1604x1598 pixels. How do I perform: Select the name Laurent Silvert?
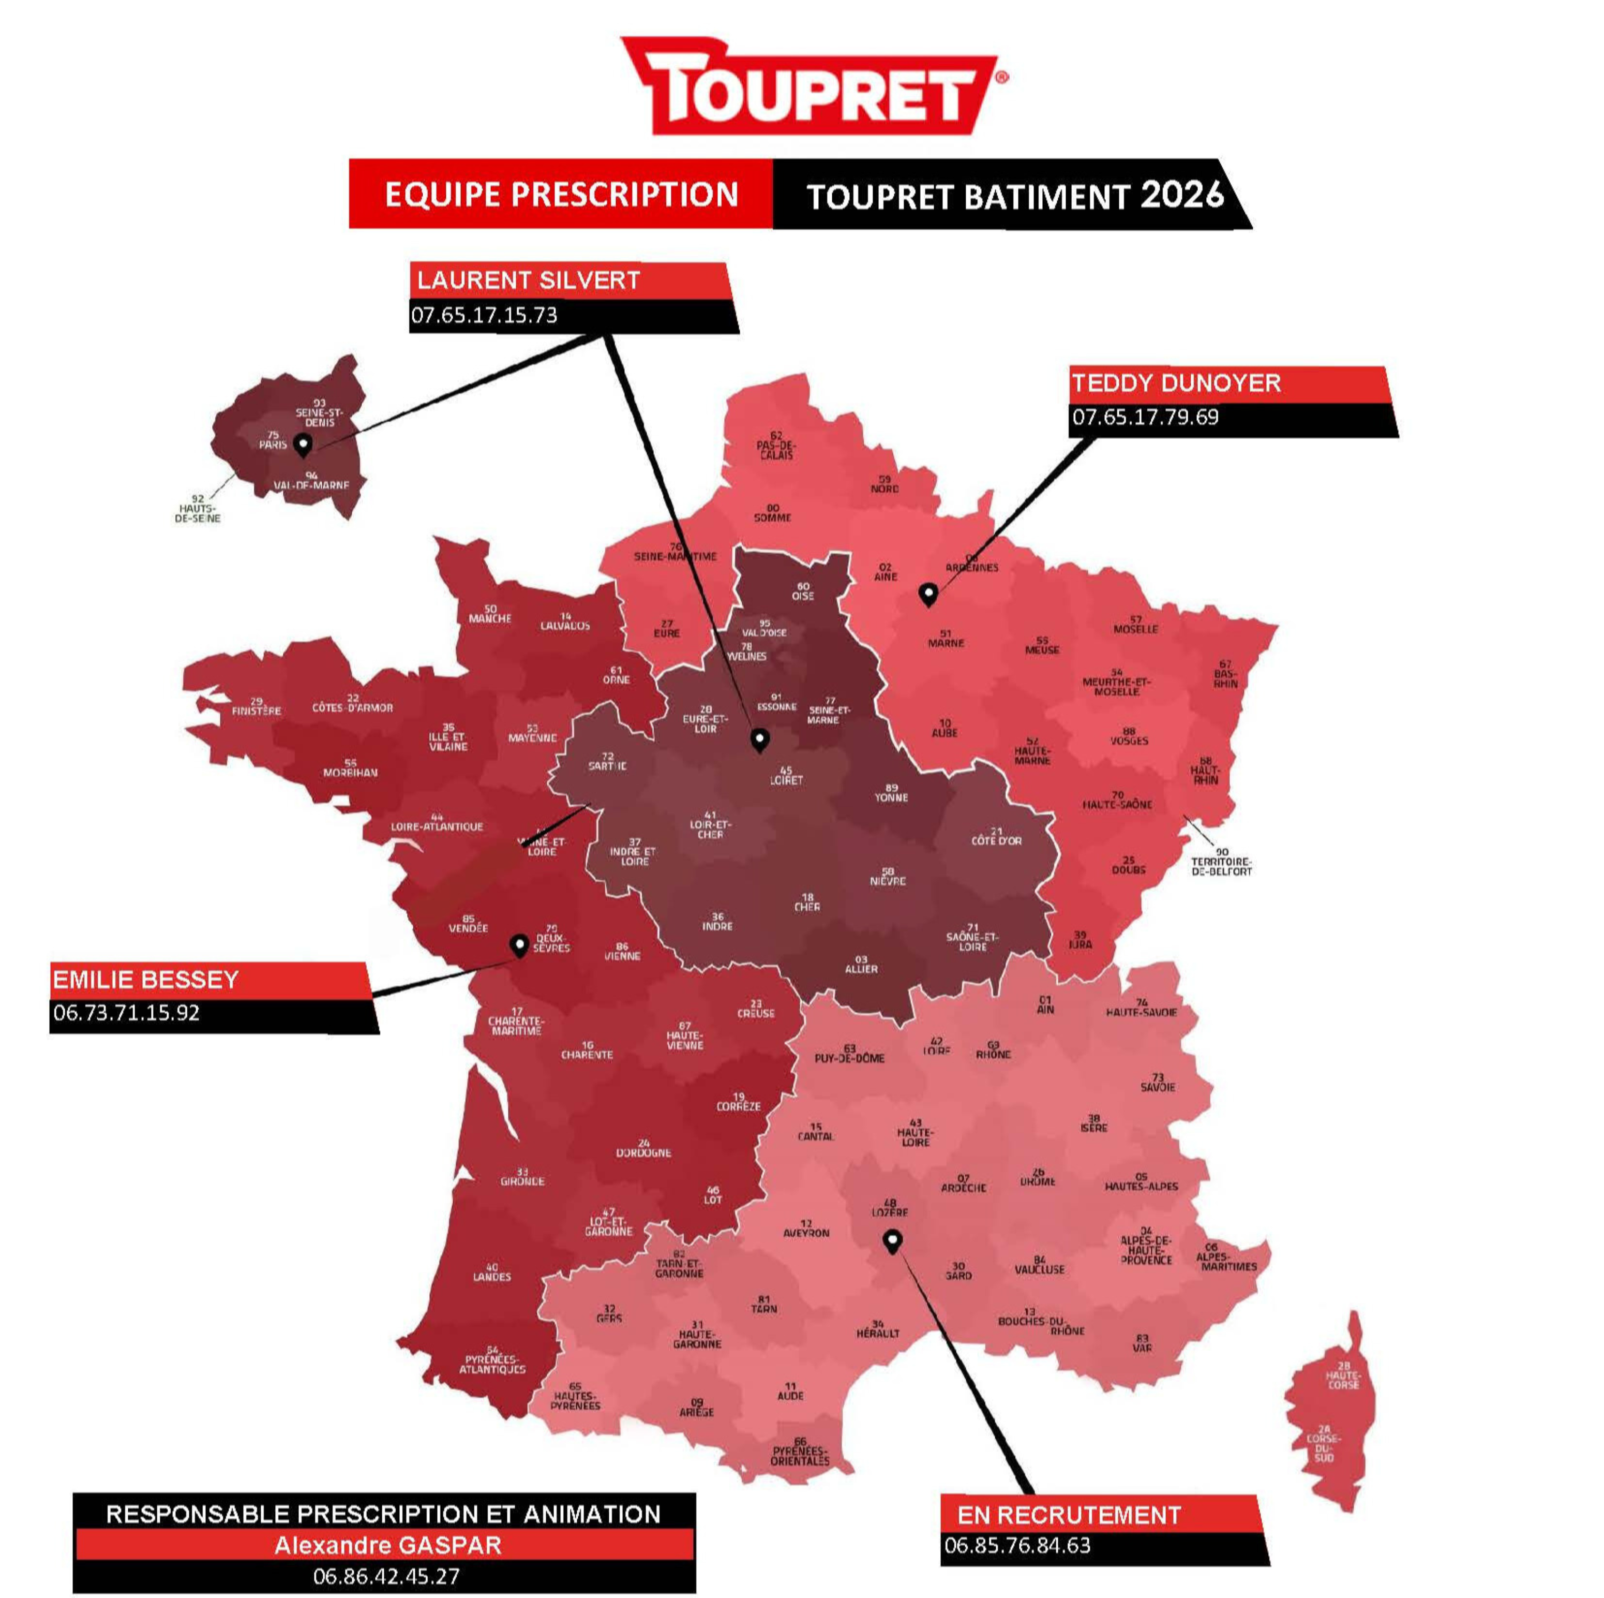pos(528,280)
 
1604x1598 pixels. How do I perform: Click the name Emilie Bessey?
pos(146,980)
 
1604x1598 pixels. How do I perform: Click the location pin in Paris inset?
pos(304,445)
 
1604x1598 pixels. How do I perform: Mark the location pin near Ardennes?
pos(928,594)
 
